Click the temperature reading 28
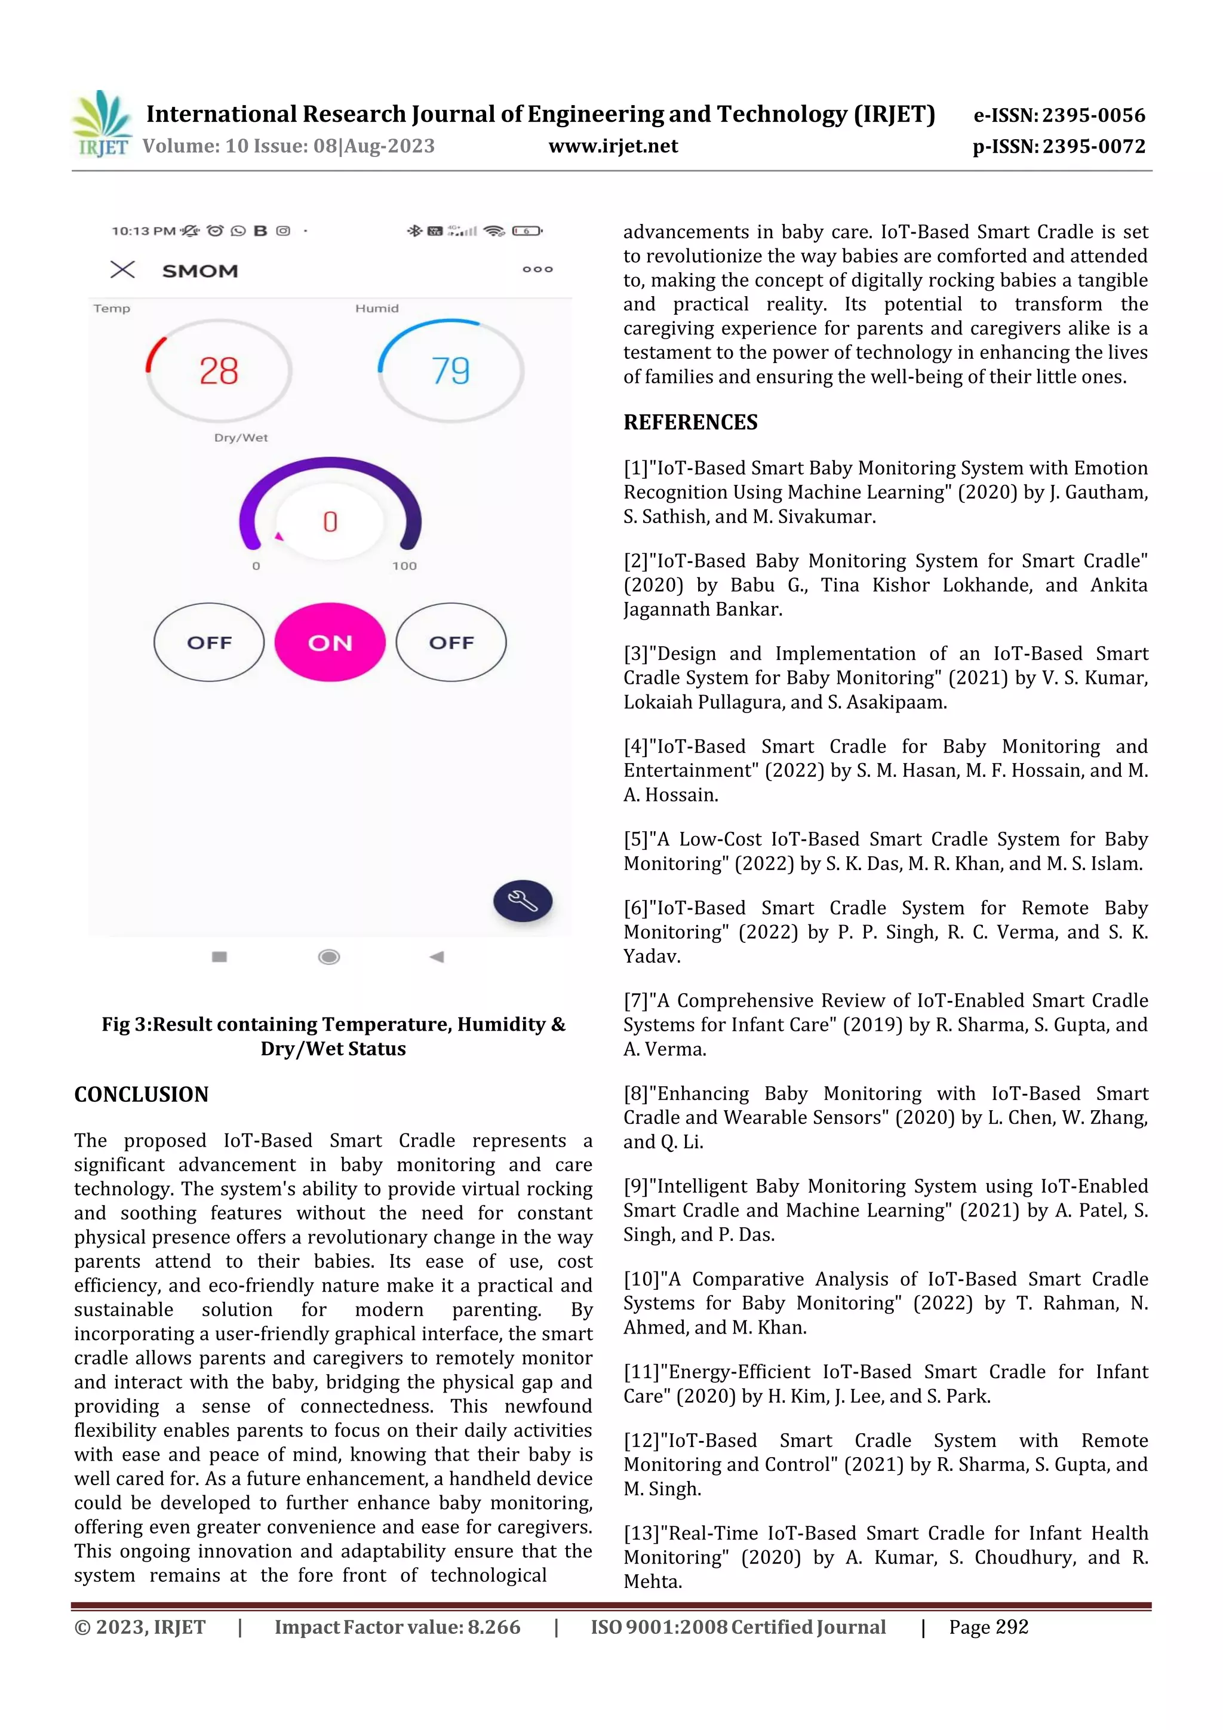[x=219, y=371]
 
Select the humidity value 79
[x=451, y=371]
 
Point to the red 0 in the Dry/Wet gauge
[x=330, y=521]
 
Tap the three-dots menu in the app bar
[x=537, y=269]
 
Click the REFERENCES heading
[x=690, y=422]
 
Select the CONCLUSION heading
[x=141, y=1094]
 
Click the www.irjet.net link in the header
[x=613, y=146]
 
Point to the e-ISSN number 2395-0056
[x=1093, y=115]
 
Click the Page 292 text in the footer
[x=988, y=1627]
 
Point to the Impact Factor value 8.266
[x=494, y=1627]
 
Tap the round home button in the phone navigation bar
[x=328, y=957]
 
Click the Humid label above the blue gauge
[x=377, y=308]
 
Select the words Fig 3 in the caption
[x=125, y=1025]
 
